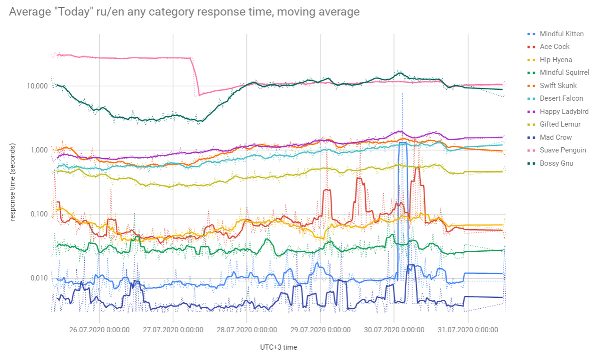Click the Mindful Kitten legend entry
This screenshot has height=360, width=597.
tap(561, 34)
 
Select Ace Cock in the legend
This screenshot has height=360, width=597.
tap(554, 47)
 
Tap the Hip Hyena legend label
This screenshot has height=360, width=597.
tap(556, 60)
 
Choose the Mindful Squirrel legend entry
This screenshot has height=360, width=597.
tap(564, 72)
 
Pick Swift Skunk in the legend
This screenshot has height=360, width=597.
tap(558, 86)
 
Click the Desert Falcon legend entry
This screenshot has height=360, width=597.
tap(561, 98)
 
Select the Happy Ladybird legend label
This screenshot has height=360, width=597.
tap(564, 112)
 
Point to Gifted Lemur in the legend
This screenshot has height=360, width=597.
tap(560, 124)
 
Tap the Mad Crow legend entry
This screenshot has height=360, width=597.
tap(556, 137)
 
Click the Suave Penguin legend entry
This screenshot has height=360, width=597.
tap(563, 150)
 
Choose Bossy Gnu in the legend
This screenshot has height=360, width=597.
tap(556, 163)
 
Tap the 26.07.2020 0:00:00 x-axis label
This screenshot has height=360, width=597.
tap(99, 330)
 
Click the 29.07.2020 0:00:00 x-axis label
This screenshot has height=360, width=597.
tap(320, 330)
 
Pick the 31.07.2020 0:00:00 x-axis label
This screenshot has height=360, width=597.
tap(468, 330)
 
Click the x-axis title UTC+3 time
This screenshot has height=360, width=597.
tap(279, 347)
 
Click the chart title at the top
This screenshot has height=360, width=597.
tap(184, 12)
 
